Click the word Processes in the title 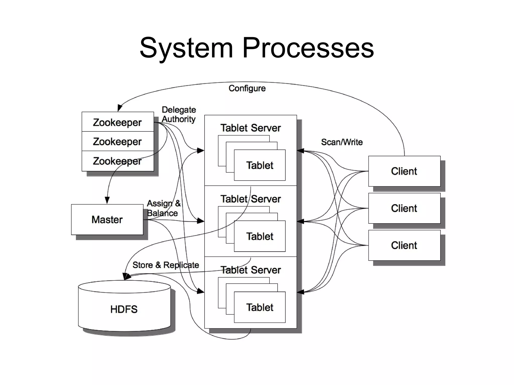(308, 48)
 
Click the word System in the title (186, 48)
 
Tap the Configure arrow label (247, 88)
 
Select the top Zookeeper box (117, 122)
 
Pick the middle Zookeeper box (117, 141)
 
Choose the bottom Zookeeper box (117, 161)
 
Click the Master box (107, 219)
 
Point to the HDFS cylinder (124, 309)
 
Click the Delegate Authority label (178, 114)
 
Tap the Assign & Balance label (163, 208)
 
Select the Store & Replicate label (166, 265)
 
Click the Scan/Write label (342, 142)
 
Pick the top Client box (404, 171)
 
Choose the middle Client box (404, 208)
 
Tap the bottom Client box (404, 245)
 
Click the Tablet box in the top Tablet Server (260, 165)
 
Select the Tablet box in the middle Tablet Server (260, 236)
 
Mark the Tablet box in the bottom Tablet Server (260, 307)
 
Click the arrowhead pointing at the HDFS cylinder (127, 277)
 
